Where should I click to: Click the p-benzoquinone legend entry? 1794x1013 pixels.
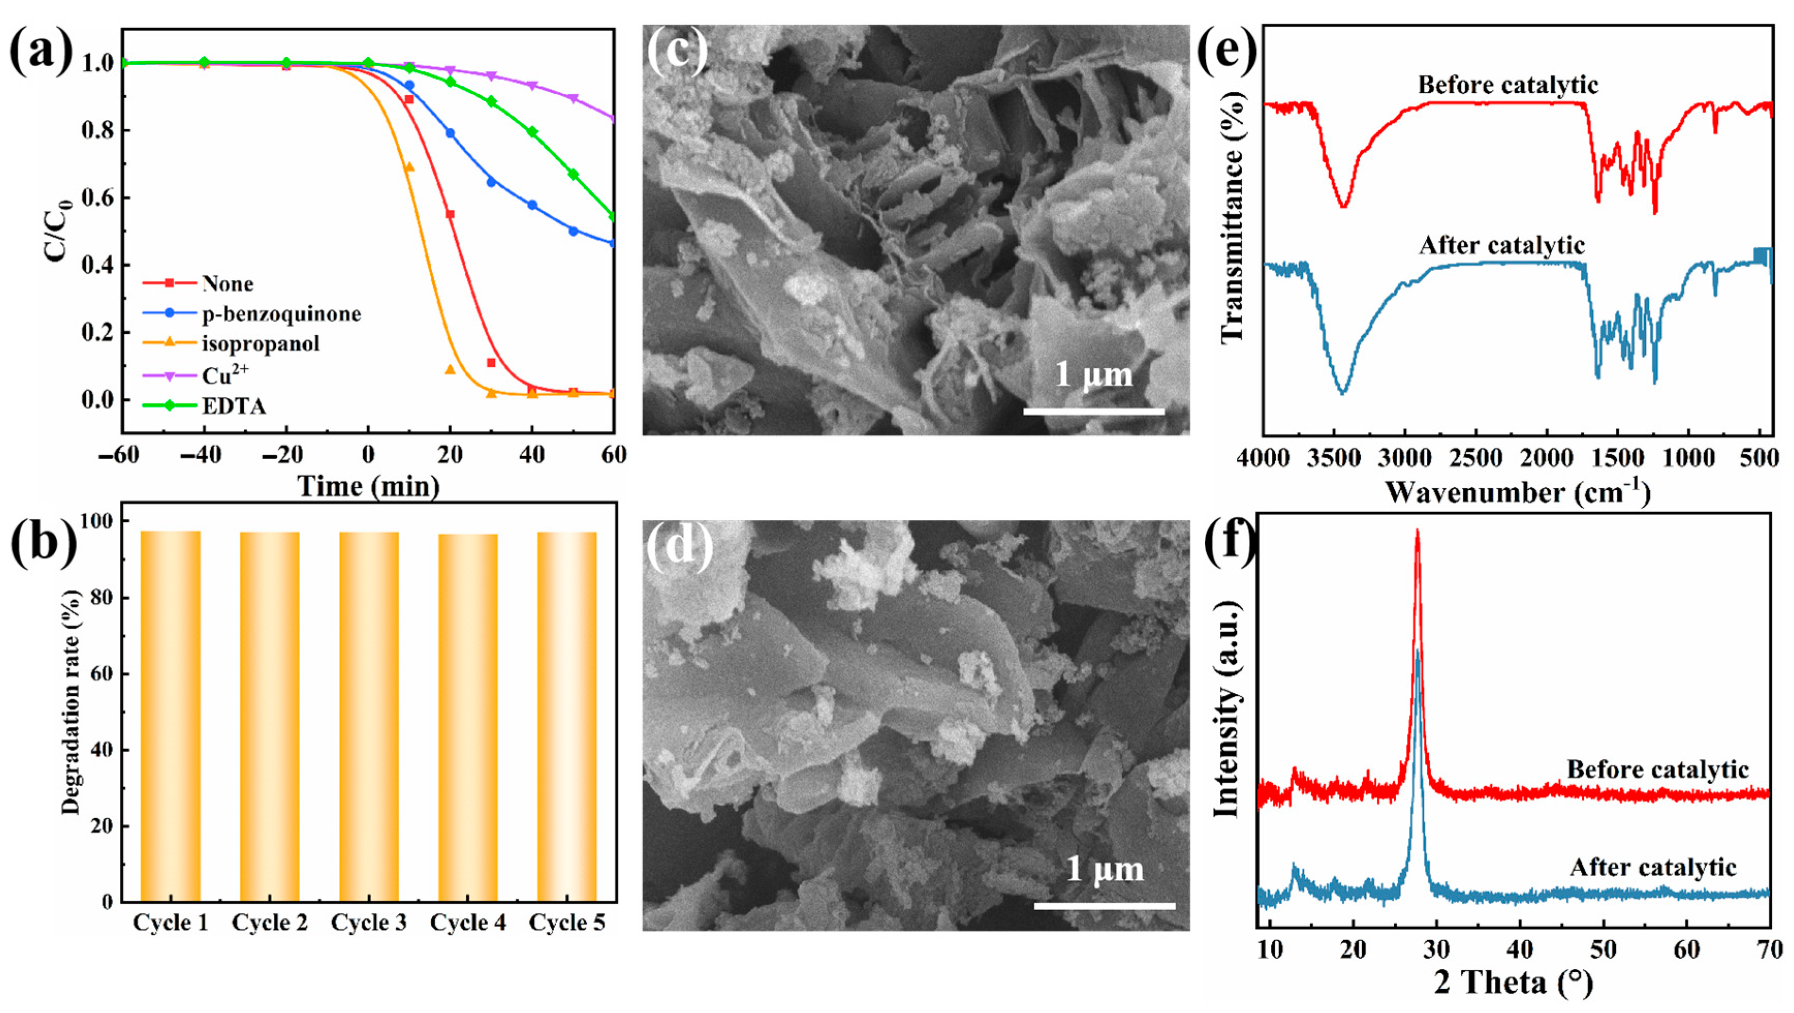point(281,314)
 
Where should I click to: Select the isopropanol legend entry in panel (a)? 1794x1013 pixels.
point(260,344)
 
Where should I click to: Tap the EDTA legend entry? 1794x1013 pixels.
point(233,406)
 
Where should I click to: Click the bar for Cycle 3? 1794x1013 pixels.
point(369,717)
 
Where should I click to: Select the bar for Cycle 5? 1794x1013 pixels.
point(567,717)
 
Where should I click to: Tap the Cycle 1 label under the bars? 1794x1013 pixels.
point(170,923)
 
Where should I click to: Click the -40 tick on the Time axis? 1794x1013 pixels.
point(203,456)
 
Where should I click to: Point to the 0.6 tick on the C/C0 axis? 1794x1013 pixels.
point(98,198)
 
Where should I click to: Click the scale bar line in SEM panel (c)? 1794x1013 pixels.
point(1093,412)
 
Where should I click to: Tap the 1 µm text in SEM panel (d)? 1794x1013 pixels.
point(1105,869)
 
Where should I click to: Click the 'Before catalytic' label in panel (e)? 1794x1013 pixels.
point(1508,85)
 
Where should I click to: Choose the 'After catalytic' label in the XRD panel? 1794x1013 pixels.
point(1653,867)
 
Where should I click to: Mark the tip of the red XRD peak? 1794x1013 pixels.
point(1417,532)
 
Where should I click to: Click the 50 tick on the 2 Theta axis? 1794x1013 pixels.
point(1603,949)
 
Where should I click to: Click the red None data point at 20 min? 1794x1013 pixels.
point(450,214)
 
